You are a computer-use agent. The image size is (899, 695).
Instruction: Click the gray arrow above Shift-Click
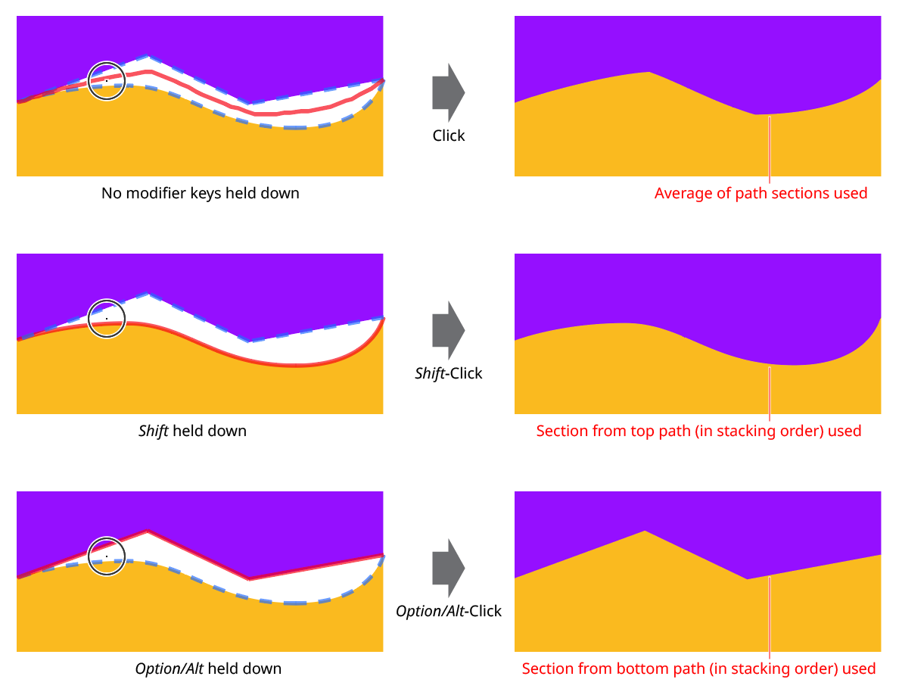pyautogui.click(x=448, y=331)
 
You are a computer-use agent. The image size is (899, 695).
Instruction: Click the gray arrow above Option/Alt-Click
pyautogui.click(x=448, y=569)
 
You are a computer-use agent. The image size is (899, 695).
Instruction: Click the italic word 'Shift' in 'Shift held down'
pyautogui.click(x=154, y=431)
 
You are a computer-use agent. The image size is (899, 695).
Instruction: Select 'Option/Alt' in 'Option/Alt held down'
pyautogui.click(x=170, y=669)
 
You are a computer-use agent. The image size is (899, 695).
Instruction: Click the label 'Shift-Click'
pyautogui.click(x=449, y=373)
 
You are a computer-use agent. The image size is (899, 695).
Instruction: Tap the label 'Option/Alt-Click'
pyautogui.click(x=449, y=611)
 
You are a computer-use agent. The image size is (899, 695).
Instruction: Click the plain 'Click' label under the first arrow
pyautogui.click(x=449, y=136)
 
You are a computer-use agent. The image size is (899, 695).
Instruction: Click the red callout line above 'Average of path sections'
pyautogui.click(x=770, y=149)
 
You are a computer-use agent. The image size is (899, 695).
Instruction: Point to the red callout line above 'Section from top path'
pyautogui.click(x=770, y=394)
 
